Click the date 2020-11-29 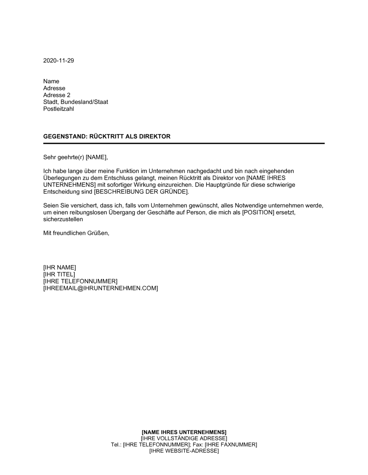coord(59,61)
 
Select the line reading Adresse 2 coord(57,95)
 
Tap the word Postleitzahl coord(59,109)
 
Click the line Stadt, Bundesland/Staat coord(75,102)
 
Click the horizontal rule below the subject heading coord(184,143)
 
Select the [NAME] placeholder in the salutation coord(96,158)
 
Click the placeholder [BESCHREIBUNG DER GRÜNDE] coord(141,192)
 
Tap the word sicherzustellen coord(63,219)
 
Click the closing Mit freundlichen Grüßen coord(76,233)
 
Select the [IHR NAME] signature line coord(60,268)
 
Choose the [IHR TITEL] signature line coord(59,274)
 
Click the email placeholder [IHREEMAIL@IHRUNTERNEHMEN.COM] coord(100,288)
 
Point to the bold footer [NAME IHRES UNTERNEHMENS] coord(184,432)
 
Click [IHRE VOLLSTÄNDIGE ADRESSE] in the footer coord(184,438)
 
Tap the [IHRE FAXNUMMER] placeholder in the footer coord(231,445)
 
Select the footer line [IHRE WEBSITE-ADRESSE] coord(184,451)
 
